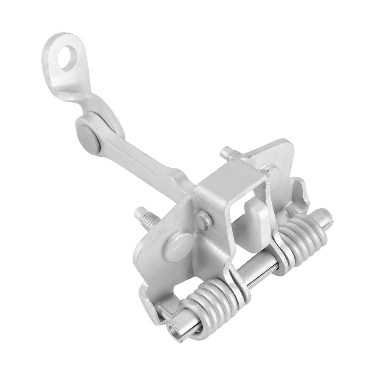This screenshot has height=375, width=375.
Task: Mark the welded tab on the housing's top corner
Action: click(270, 170)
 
